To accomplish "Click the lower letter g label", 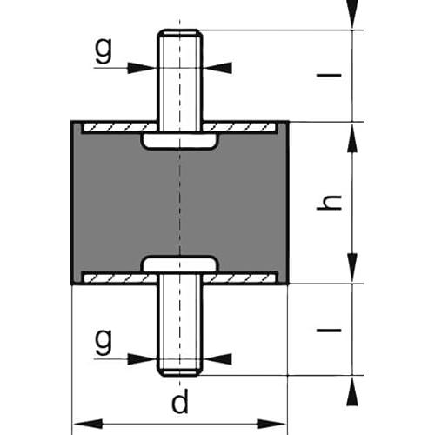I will (x=104, y=342).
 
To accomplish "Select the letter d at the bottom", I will (x=179, y=404).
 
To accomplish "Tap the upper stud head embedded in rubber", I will (x=179, y=140).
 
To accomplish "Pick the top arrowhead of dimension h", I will (x=352, y=132).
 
